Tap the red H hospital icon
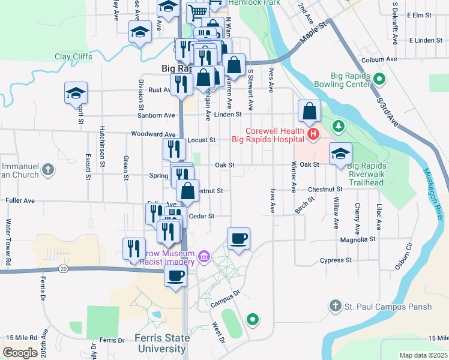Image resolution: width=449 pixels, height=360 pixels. click(x=312, y=133)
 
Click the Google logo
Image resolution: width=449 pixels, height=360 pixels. click(x=20, y=353)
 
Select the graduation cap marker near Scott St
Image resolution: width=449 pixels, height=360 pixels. click(x=77, y=93)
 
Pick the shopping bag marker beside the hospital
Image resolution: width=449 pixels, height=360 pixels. click(x=309, y=110)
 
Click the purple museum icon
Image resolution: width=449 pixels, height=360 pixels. click(x=204, y=256)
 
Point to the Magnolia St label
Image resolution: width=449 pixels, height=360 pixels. click(x=357, y=239)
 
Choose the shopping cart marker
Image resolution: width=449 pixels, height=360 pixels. click(x=197, y=11)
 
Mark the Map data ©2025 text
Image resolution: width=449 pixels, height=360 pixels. click(x=423, y=355)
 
